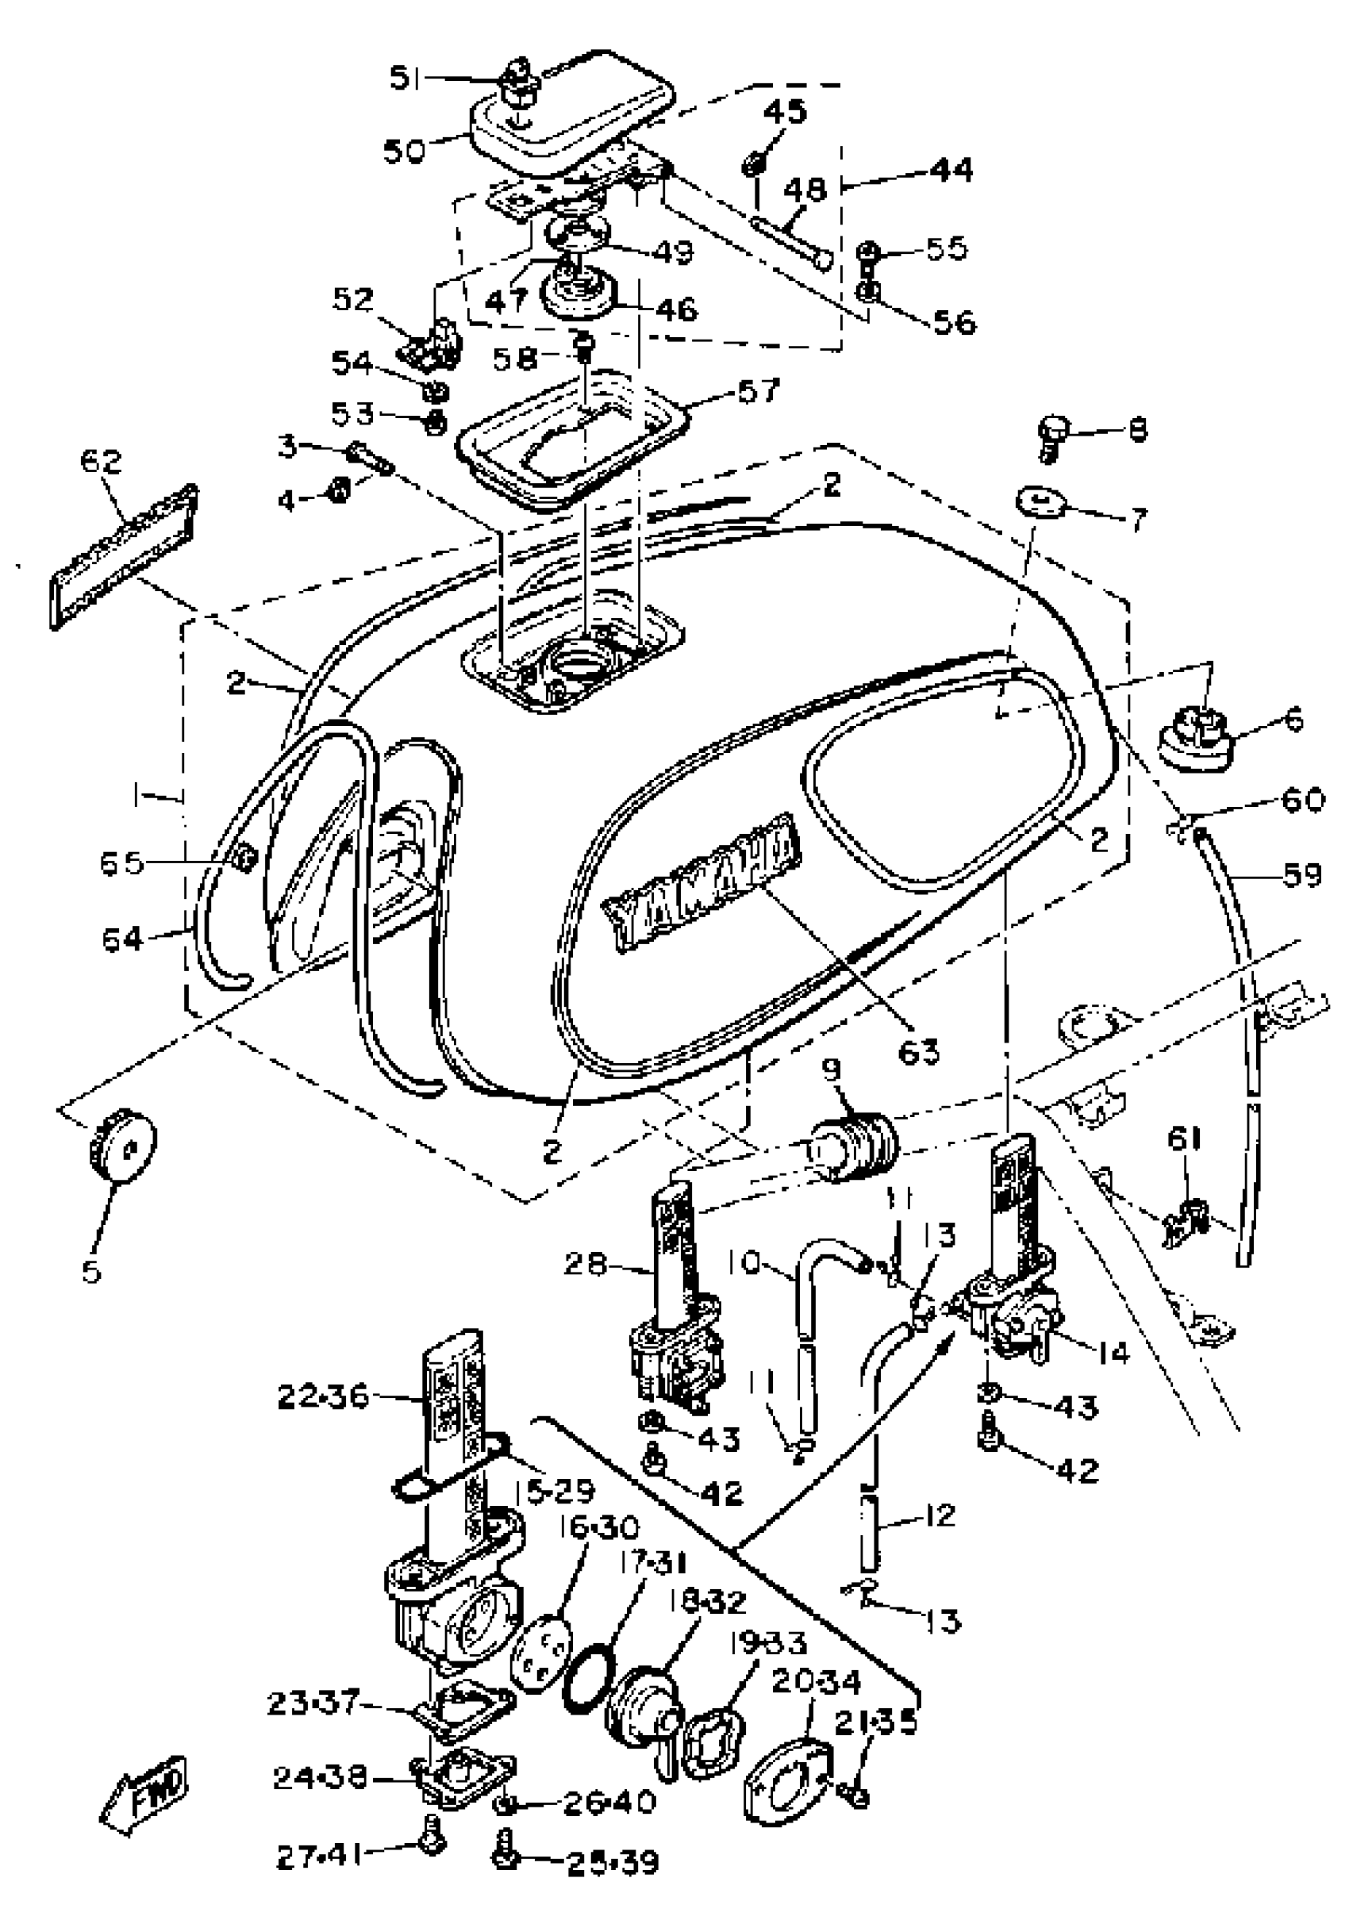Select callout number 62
(x=101, y=462)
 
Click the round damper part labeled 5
(x=122, y=1145)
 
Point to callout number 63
(x=919, y=1050)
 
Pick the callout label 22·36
(x=323, y=1396)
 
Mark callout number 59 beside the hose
(x=1301, y=875)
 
